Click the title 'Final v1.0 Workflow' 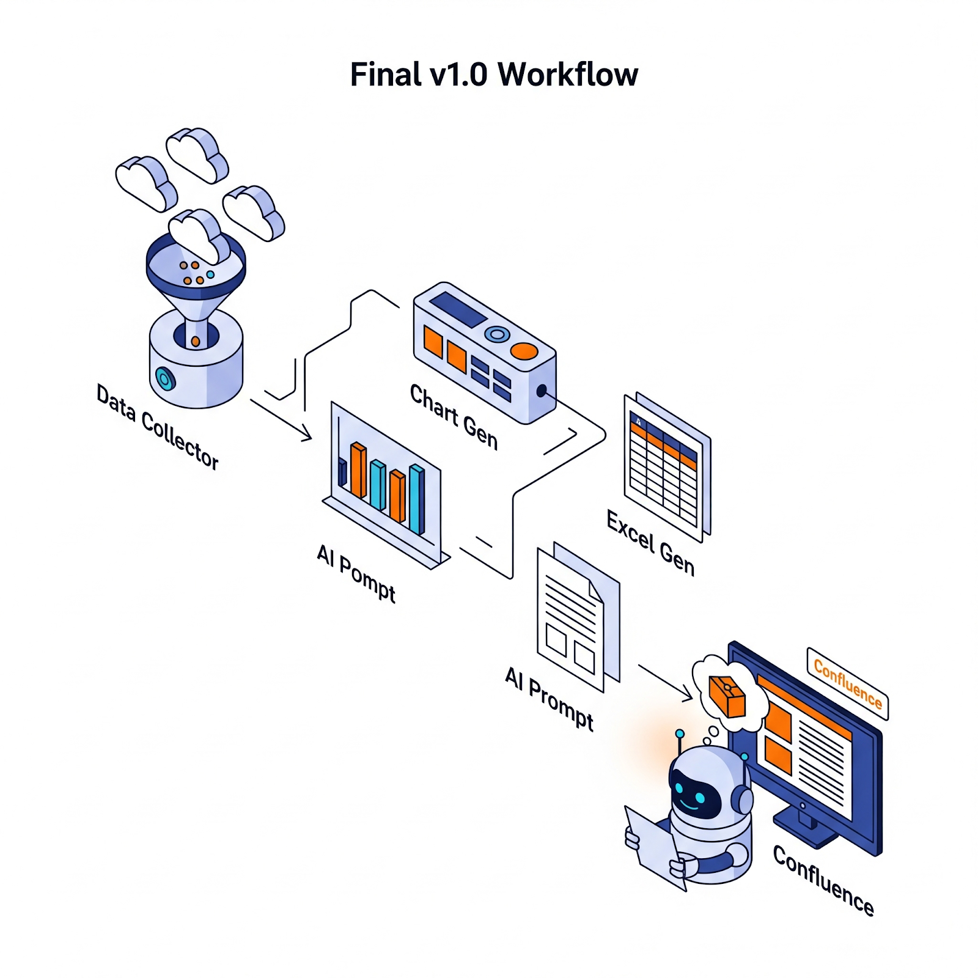click(494, 75)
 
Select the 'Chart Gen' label click(454, 417)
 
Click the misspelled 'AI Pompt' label click(356, 573)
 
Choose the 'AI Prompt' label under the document click(549, 698)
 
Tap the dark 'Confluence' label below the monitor click(823, 880)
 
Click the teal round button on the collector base click(164, 378)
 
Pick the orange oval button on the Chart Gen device click(524, 351)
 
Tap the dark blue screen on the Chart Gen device click(457, 309)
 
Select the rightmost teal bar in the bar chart click(417, 499)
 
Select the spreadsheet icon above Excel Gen click(666, 468)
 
